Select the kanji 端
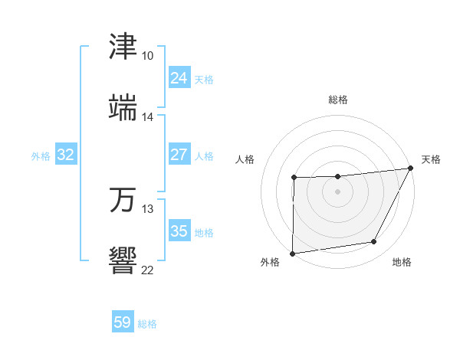tap(123, 107)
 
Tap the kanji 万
tap(123, 199)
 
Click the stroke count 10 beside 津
tap(148, 56)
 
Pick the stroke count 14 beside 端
tap(148, 117)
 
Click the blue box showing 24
tap(179, 78)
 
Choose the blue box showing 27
tap(179, 155)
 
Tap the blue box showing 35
tap(179, 231)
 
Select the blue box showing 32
tap(66, 155)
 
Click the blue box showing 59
tap(123, 322)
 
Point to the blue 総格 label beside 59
tap(147, 324)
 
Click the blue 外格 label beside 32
tap(41, 156)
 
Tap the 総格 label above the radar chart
tap(338, 100)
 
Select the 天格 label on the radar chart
tap(431, 159)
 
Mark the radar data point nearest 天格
tap(411, 168)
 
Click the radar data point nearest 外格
tap(293, 253)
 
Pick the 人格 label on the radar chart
tap(245, 159)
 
